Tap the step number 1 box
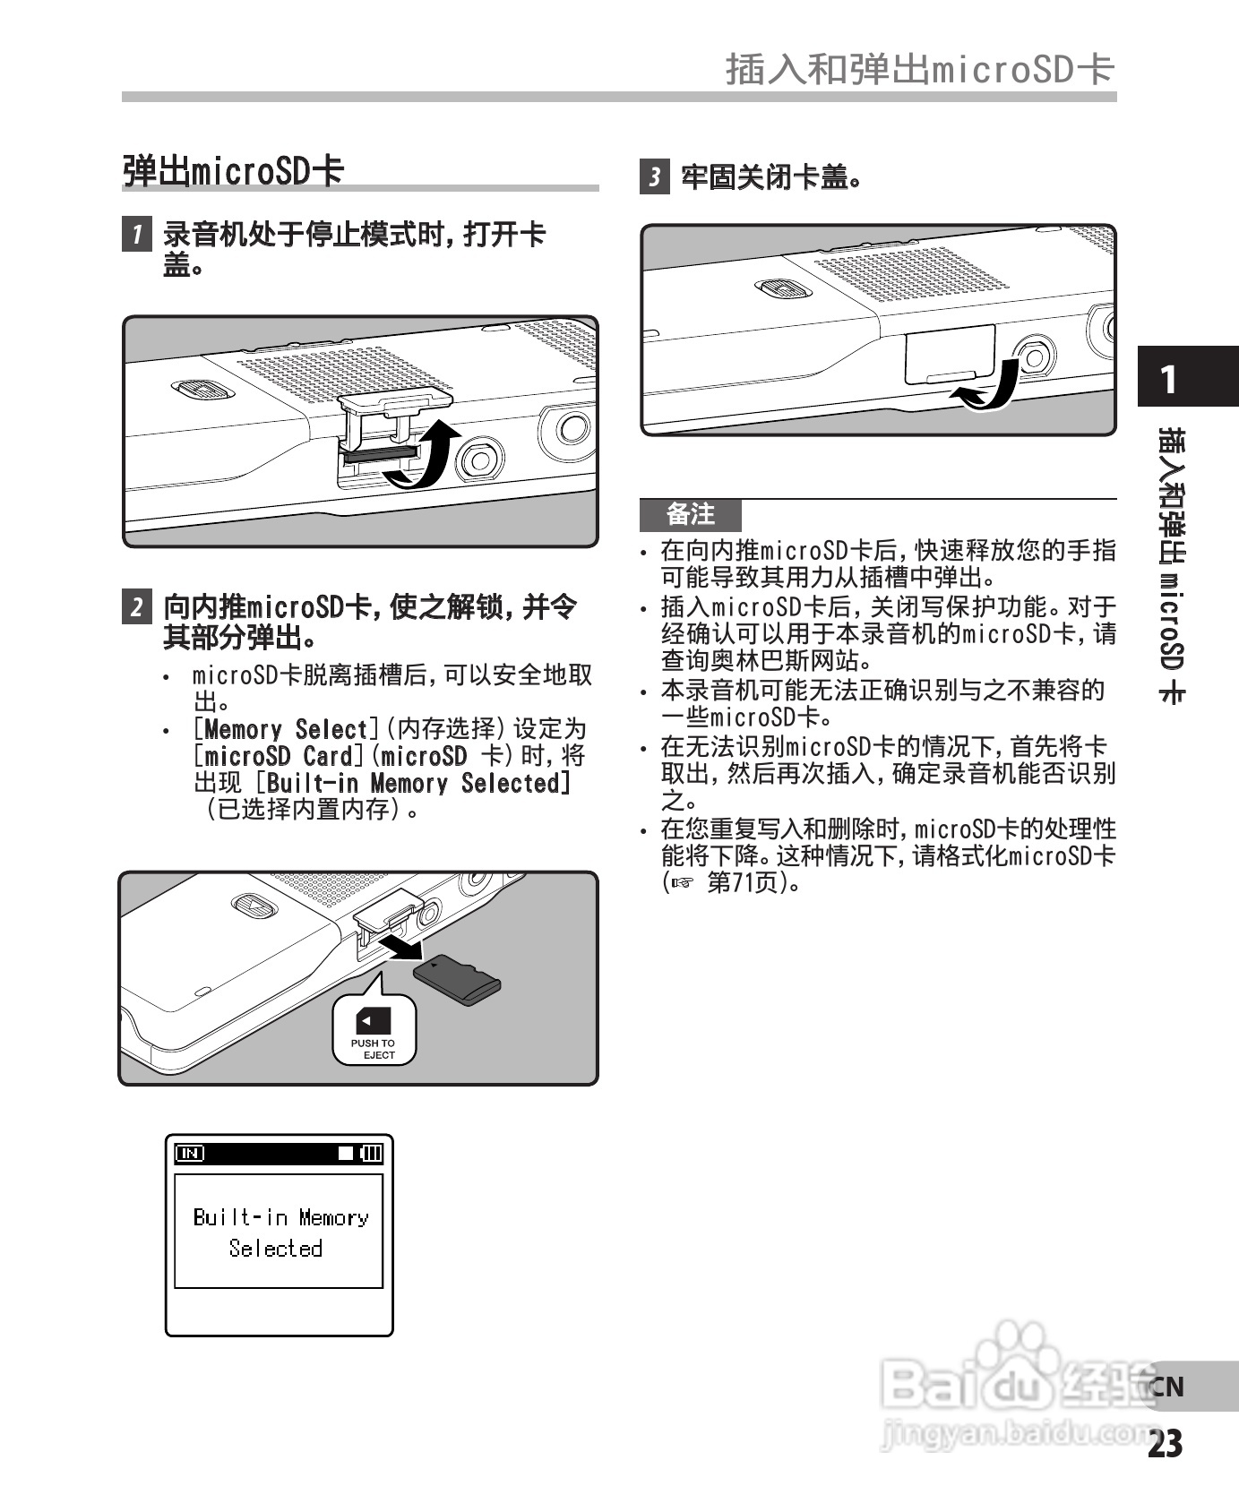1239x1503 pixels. pyautogui.click(x=136, y=235)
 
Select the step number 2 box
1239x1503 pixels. pyautogui.click(x=136, y=606)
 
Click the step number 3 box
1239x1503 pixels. pyautogui.click(x=654, y=176)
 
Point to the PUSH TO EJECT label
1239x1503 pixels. pyautogui.click(x=374, y=1049)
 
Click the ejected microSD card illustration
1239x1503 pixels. pyautogui.click(x=457, y=980)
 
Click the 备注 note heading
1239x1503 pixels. pyautogui.click(x=691, y=514)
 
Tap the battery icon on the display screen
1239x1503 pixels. pyautogui.click(x=371, y=1154)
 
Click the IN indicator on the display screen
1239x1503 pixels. pyautogui.click(x=190, y=1154)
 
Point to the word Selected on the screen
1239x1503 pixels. pyautogui.click(x=275, y=1248)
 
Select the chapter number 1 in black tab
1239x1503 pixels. pyautogui.click(x=1168, y=380)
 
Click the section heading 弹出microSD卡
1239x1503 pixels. pyautogui.click(x=233, y=170)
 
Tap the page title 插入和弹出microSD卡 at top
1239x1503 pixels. pyautogui.click(x=919, y=69)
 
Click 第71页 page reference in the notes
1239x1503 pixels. pyautogui.click(x=742, y=882)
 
